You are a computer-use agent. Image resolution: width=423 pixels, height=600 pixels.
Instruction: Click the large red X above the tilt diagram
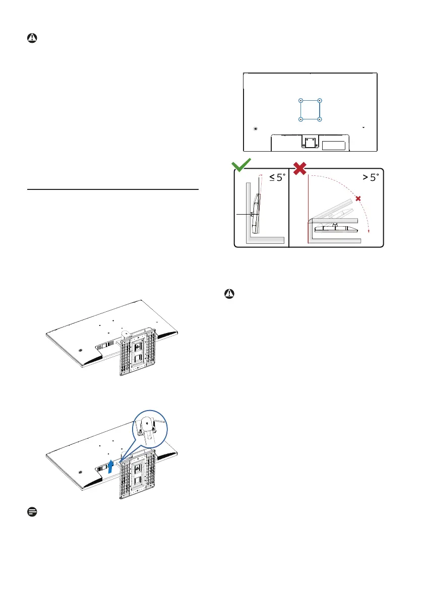pos(300,168)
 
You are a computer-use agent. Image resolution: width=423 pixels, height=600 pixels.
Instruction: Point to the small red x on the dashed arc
pos(358,199)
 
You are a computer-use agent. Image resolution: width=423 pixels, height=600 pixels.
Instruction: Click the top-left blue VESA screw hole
pos(300,100)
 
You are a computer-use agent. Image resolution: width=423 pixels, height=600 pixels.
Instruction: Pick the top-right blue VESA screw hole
pos(320,100)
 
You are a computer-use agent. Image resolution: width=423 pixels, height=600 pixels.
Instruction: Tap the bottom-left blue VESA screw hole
pos(300,119)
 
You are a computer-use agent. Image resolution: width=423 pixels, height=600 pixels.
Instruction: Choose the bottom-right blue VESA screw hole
pos(320,119)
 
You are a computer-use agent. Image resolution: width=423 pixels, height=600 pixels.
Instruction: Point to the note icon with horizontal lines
pos(30,511)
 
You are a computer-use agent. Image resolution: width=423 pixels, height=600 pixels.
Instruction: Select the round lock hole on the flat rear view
pos(256,128)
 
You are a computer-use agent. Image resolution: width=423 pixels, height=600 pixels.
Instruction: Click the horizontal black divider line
pos(112,190)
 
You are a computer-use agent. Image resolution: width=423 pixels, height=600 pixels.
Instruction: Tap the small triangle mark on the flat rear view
pos(364,128)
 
